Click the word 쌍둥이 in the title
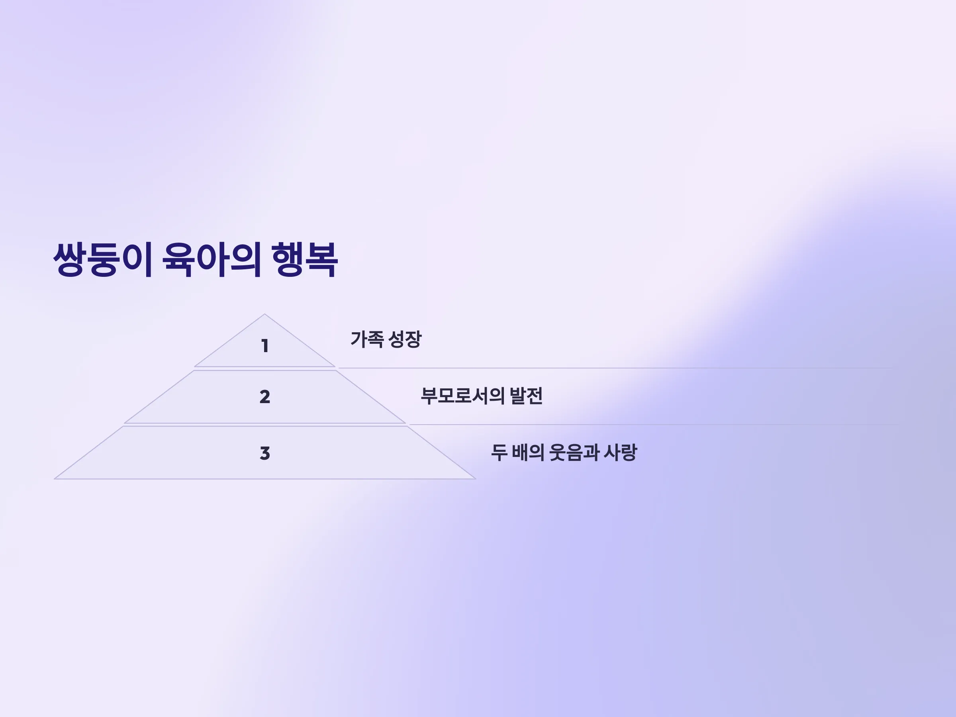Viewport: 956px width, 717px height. [x=103, y=259]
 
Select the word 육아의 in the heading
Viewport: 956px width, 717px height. [x=212, y=259]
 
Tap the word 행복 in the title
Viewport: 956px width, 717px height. [x=305, y=259]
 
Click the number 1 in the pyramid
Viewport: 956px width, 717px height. [x=265, y=346]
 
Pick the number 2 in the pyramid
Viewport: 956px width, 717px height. [x=265, y=397]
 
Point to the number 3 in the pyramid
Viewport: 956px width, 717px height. [x=265, y=453]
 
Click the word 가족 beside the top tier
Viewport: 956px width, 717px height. [x=367, y=339]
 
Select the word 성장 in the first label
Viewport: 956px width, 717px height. [x=405, y=339]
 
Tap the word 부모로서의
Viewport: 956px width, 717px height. [x=462, y=396]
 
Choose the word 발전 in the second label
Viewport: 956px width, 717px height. [x=526, y=396]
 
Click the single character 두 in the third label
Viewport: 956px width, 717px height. [x=499, y=453]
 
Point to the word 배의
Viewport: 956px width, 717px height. [x=528, y=453]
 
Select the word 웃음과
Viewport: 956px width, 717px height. [x=574, y=453]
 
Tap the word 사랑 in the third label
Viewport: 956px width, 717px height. [x=620, y=453]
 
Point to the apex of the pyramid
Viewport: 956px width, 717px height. [x=264, y=314]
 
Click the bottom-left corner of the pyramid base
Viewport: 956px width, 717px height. [x=55, y=479]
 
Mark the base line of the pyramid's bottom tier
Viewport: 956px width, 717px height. [x=265, y=479]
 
